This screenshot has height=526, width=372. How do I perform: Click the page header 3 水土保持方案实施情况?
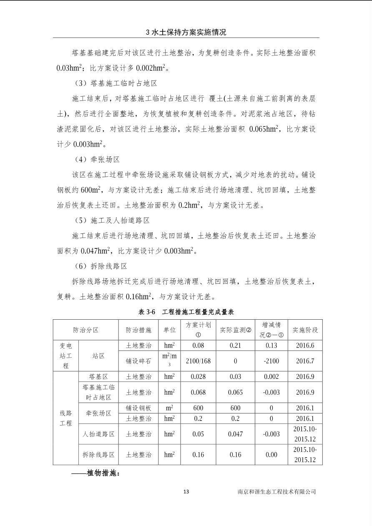click(x=186, y=32)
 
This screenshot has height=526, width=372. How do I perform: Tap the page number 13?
click(x=186, y=492)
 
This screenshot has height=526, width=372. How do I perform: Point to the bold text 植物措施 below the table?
click(x=103, y=473)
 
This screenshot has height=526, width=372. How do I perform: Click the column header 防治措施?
click(x=138, y=330)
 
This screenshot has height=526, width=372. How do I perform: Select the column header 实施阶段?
click(x=305, y=330)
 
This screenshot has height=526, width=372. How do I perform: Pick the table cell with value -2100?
click(x=271, y=361)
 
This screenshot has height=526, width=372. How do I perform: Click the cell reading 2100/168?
click(x=198, y=361)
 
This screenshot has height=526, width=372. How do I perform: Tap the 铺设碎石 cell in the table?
click(x=138, y=361)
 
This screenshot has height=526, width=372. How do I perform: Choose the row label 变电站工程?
click(x=66, y=356)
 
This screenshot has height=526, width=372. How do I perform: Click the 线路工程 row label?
click(x=66, y=418)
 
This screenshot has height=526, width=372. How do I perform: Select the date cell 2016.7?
click(x=305, y=361)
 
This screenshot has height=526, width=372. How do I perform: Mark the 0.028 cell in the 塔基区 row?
click(x=198, y=377)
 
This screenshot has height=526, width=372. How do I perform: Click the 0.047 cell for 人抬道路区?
click(x=235, y=434)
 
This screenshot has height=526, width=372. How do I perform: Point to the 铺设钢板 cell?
click(x=138, y=408)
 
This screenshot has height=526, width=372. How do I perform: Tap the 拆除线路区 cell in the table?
click(x=98, y=455)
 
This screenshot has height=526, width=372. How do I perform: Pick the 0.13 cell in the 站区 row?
click(x=271, y=346)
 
